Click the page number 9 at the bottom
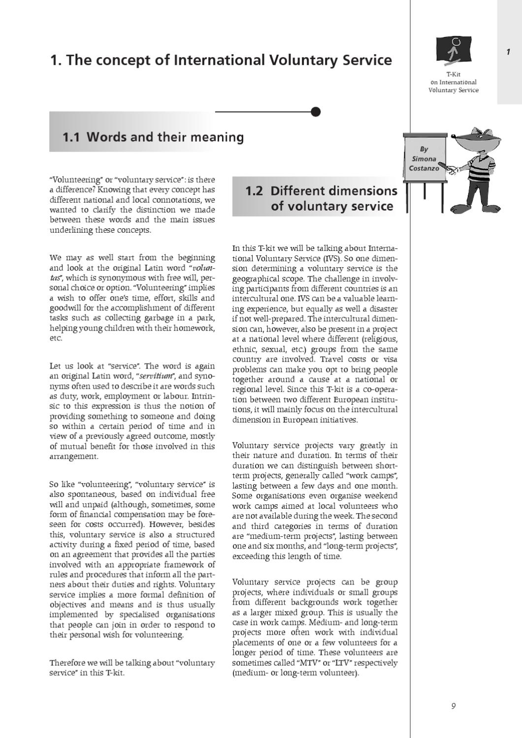pyautogui.click(x=453, y=706)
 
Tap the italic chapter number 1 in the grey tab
pyautogui.click(x=508, y=52)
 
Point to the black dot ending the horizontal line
pyautogui.click(x=316, y=112)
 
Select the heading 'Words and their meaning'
pyautogui.click(x=165, y=137)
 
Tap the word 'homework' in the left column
pyautogui.click(x=194, y=328)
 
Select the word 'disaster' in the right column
pyautogui.click(x=383, y=309)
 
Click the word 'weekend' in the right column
pyautogui.click(x=380, y=496)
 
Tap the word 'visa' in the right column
pyautogui.click(x=390, y=359)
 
